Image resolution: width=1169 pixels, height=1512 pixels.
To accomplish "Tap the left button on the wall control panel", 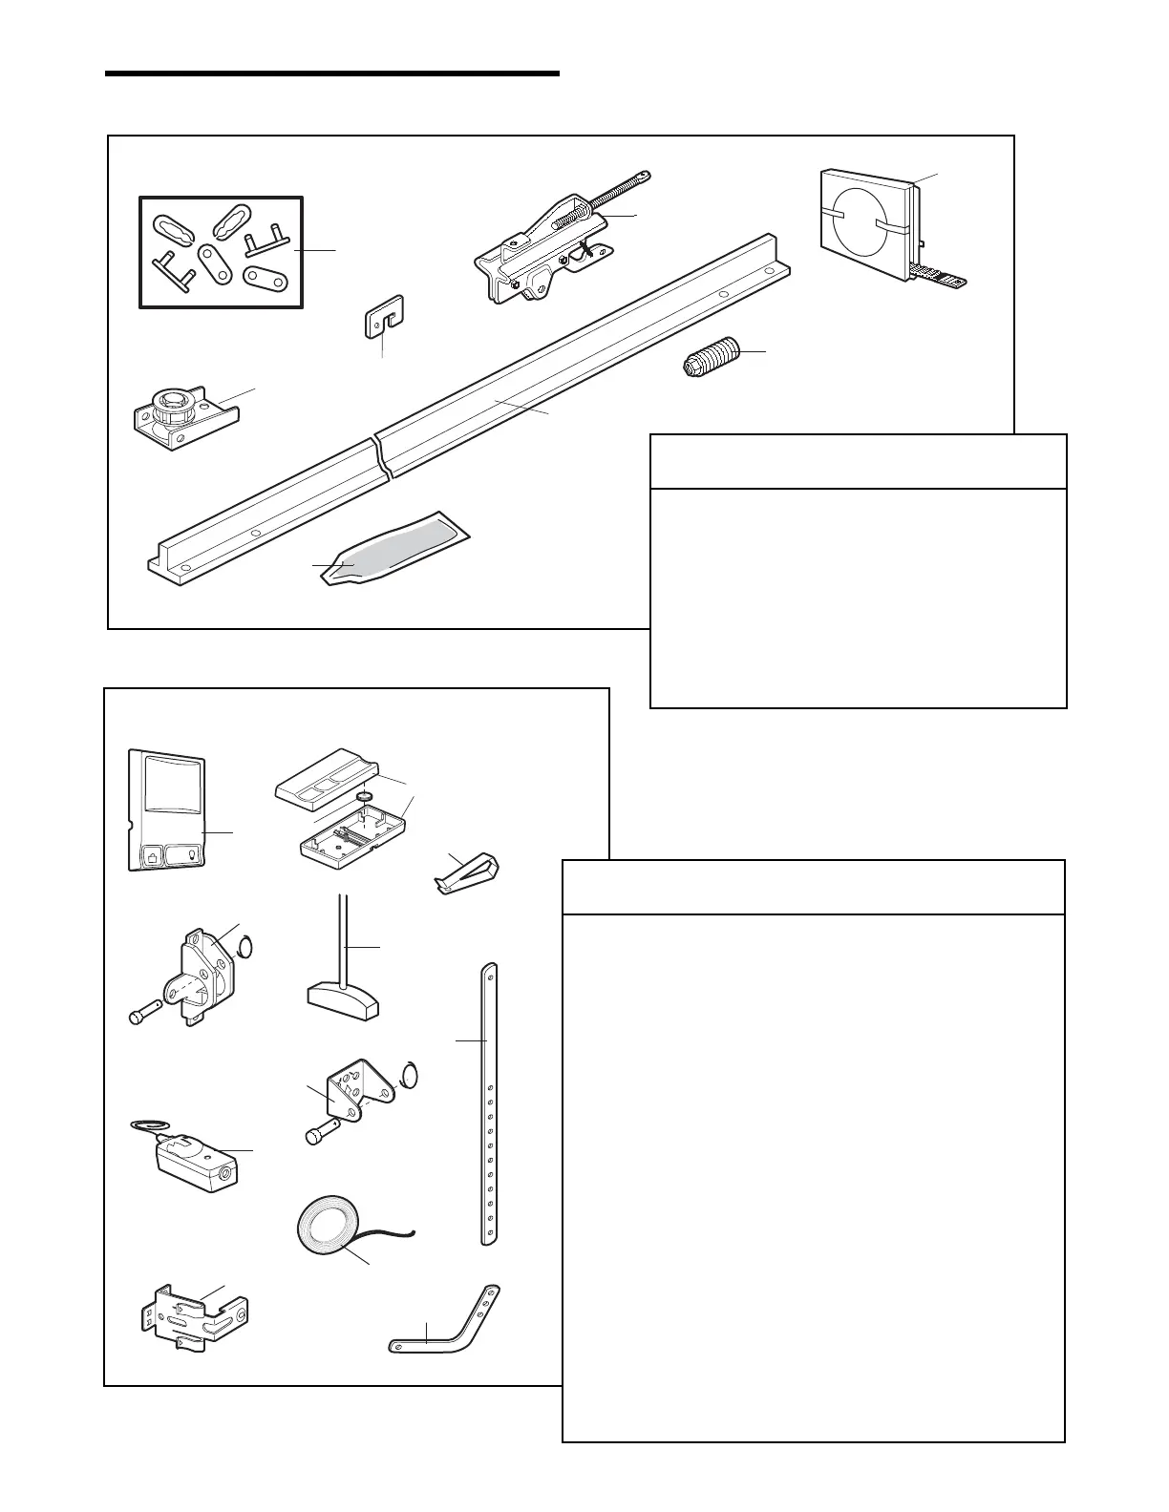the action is click(x=152, y=855).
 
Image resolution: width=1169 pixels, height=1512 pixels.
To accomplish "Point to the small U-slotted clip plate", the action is click(x=384, y=316).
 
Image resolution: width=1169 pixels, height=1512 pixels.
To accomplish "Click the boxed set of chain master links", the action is click(x=222, y=252).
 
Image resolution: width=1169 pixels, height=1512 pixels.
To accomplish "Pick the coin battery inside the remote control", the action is click(x=364, y=794).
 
